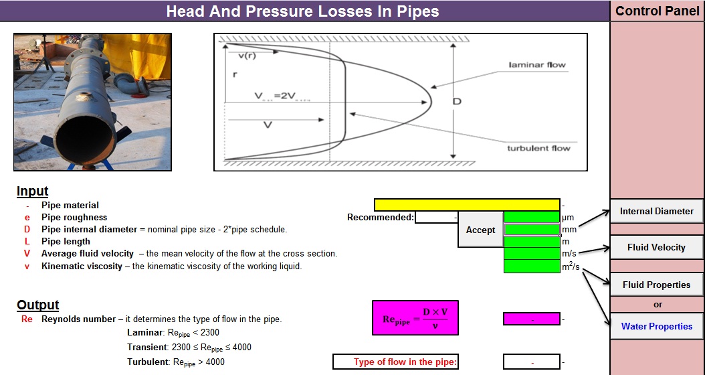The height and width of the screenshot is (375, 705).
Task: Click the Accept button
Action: click(480, 230)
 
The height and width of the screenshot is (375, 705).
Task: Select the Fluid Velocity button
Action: click(656, 247)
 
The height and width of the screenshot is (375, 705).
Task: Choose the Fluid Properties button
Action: click(656, 285)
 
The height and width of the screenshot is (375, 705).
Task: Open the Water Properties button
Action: click(656, 326)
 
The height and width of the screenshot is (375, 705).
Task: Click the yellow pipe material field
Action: click(467, 205)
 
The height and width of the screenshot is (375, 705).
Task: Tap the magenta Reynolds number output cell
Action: click(531, 319)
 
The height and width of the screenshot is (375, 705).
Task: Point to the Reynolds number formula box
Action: click(415, 317)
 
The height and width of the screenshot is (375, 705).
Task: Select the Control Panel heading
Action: click(657, 11)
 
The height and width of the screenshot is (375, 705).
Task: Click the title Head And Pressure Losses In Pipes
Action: click(302, 11)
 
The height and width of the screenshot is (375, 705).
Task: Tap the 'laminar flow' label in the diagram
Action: click(536, 65)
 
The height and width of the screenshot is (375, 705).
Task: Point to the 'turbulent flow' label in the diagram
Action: click(538, 148)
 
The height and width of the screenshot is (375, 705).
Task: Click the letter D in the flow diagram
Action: click(457, 101)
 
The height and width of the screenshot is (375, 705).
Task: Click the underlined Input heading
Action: click(32, 192)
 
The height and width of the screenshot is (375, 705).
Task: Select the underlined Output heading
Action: click(38, 305)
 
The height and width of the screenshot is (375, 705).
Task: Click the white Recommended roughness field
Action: click(436, 217)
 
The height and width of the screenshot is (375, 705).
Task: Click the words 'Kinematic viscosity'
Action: click(82, 266)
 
